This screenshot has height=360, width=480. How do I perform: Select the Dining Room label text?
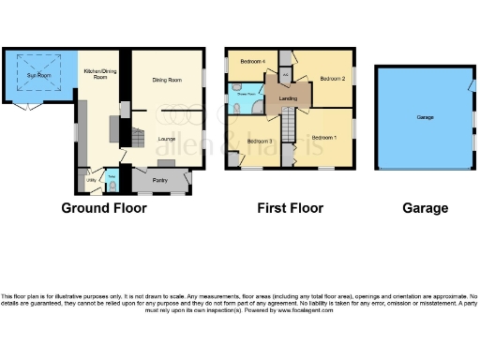point(166,80)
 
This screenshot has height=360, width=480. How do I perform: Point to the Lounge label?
point(167,138)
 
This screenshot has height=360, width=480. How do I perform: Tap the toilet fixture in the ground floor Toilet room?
point(112,185)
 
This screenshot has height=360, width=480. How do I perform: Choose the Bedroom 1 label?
point(324,137)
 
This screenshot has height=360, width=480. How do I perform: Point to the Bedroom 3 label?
point(260,142)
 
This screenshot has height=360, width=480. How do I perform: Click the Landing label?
point(290,99)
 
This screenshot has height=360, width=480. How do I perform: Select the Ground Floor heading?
point(104,208)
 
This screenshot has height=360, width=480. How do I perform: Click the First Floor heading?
point(290,208)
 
